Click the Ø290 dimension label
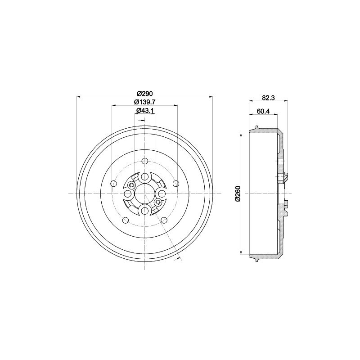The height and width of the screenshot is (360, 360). (x=144, y=94)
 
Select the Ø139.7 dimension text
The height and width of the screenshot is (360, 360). (x=144, y=102)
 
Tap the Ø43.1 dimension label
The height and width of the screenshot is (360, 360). (x=144, y=110)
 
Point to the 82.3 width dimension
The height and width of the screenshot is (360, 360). (x=268, y=98)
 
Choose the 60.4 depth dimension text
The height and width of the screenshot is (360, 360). (x=263, y=111)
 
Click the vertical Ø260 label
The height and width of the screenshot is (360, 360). (x=238, y=193)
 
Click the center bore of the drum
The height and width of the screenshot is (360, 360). (x=144, y=194)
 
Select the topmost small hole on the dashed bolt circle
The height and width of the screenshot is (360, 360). (x=144, y=160)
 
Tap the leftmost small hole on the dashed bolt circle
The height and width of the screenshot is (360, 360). (x=113, y=183)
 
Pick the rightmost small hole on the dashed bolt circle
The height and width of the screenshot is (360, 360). (x=176, y=183)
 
